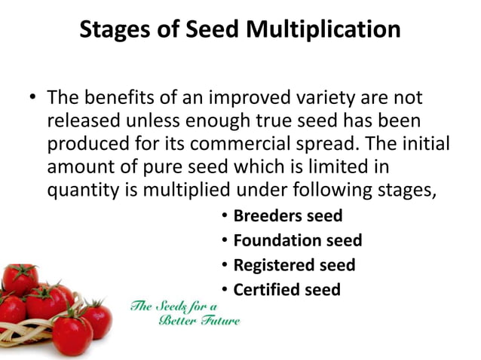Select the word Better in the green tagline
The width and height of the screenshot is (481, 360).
pyautogui.click(x=176, y=321)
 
